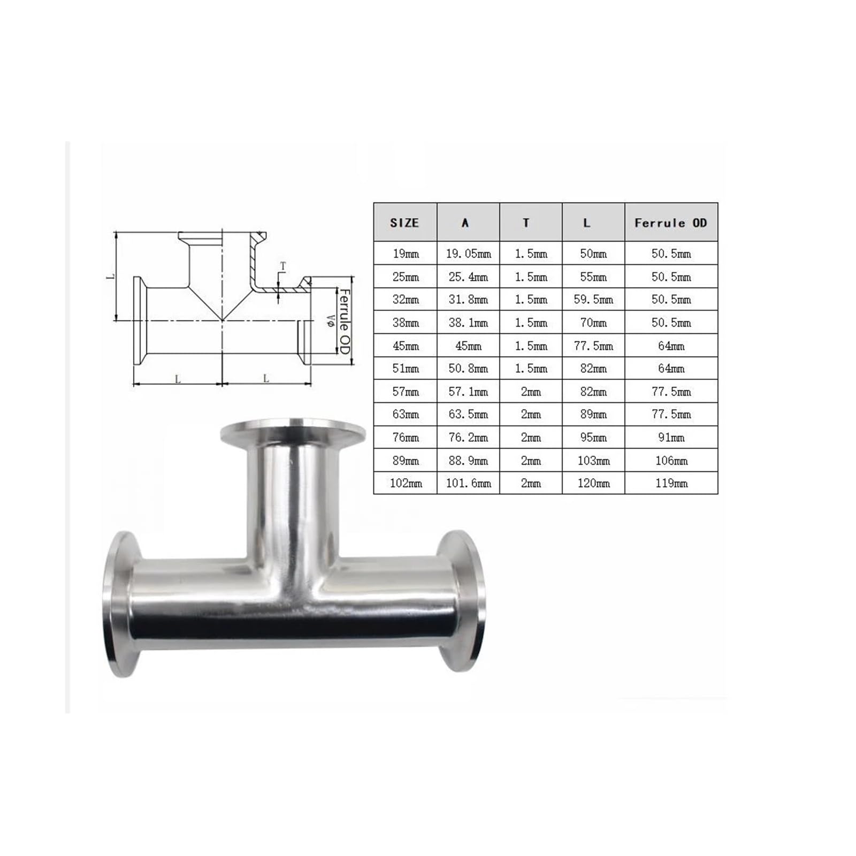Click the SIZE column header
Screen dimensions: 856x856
pyautogui.click(x=404, y=223)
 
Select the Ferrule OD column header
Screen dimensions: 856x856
pyautogui.click(x=671, y=223)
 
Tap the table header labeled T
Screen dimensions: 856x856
pyautogui.click(x=526, y=223)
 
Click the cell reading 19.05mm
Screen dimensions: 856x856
pyautogui.click(x=469, y=254)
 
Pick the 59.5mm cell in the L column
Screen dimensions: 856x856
pyautogui.click(x=593, y=300)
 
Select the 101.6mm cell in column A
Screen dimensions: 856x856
pyautogui.click(x=469, y=483)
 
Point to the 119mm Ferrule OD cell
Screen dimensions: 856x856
pyautogui.click(x=671, y=483)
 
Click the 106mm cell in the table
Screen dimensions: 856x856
pyautogui.click(x=671, y=461)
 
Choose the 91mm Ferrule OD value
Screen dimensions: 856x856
pyautogui.click(x=671, y=438)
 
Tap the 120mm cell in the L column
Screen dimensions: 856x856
pyautogui.click(x=593, y=483)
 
